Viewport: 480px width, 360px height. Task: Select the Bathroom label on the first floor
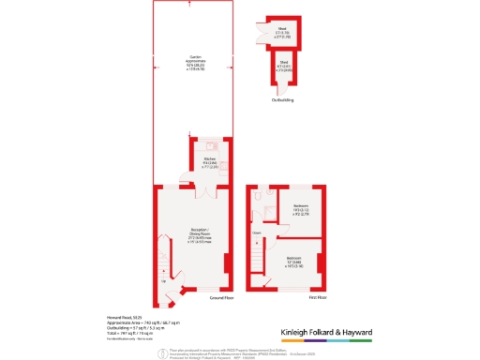tap(301, 209)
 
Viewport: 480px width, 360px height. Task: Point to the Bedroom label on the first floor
tap(294, 262)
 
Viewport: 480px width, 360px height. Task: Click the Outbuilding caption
tap(282, 99)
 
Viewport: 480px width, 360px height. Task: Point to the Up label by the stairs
tap(165, 281)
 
